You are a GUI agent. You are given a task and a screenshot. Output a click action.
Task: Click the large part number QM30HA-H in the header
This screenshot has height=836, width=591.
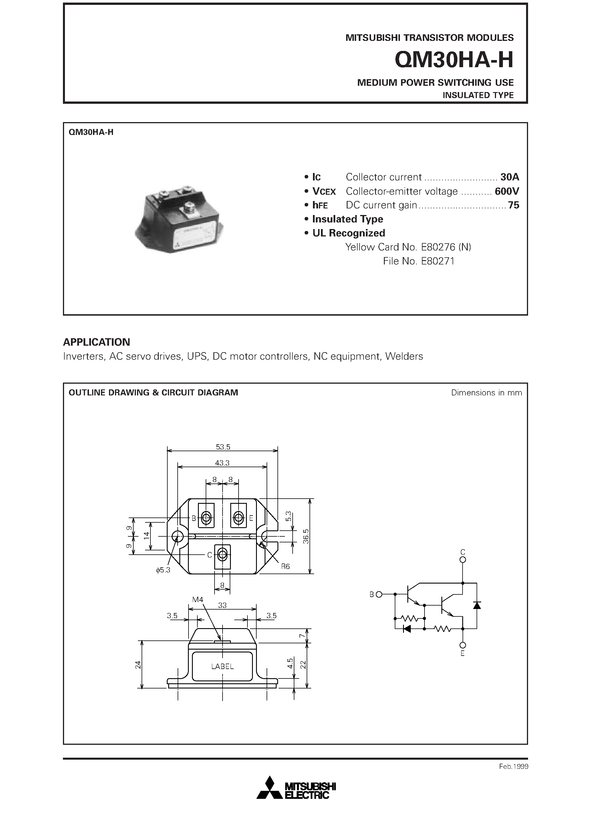454,60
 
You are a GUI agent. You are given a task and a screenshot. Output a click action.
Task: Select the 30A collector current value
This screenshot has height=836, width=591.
509,177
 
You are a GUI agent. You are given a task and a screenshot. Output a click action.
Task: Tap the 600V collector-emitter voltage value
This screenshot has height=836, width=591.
506,191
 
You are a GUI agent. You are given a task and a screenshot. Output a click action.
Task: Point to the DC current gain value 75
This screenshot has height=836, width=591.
513,205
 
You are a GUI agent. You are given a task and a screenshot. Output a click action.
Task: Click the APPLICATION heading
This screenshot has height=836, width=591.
97,342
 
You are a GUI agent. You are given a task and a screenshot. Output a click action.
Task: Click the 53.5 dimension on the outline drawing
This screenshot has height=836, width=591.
223,447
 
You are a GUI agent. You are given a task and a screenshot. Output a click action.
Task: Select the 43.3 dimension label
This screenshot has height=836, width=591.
222,463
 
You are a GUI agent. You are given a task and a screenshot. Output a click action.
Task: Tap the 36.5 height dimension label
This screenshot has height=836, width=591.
306,536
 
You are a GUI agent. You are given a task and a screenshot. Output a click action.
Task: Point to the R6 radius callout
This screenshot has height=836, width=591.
285,567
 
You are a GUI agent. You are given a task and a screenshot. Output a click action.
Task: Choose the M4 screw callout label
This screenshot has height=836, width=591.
197,600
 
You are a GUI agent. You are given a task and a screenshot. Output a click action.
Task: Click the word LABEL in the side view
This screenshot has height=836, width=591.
222,666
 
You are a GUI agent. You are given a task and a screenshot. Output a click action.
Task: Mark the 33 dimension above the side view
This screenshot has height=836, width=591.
222,606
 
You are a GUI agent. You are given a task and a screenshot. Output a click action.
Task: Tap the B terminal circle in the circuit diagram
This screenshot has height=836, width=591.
379,595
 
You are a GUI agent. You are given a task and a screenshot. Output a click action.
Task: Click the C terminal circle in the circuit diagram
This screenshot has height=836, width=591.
463,560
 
